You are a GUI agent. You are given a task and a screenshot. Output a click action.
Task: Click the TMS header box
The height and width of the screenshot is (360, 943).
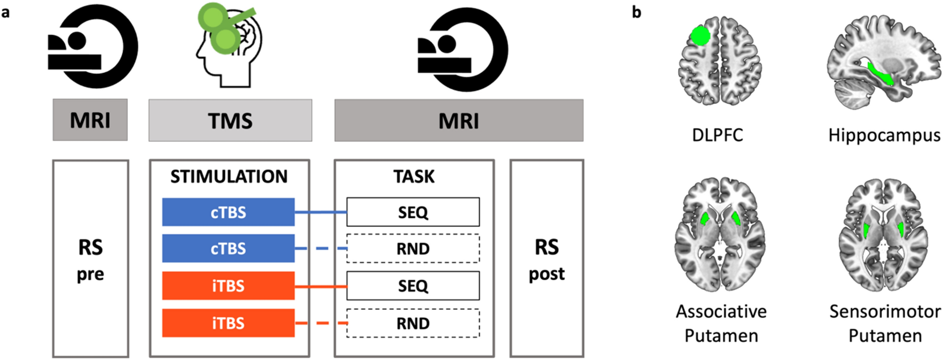230,120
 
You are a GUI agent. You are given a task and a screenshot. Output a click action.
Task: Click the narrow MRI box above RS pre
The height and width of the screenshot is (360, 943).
90,120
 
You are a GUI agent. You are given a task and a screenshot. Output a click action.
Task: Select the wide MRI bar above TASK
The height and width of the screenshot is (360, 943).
459,120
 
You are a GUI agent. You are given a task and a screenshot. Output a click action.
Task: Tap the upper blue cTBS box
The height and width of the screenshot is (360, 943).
228,212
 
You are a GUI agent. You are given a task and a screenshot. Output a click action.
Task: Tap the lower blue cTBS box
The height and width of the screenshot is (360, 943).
228,248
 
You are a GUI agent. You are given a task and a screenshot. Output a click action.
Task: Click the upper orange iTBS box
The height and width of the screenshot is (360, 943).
228,285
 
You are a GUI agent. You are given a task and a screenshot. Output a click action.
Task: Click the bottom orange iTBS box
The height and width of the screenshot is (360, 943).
228,323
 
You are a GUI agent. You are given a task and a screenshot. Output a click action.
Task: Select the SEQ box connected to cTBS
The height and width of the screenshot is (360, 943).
413,212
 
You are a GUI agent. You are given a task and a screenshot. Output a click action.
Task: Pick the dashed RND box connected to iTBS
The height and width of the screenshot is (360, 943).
413,323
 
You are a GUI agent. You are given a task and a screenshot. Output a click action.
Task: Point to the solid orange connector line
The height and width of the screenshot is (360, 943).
320,286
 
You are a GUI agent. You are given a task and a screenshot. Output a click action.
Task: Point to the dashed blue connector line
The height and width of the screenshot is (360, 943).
321,248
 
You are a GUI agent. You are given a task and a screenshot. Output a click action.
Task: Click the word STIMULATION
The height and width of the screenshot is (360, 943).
229,177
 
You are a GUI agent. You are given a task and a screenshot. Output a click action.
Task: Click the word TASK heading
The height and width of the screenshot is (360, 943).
414,177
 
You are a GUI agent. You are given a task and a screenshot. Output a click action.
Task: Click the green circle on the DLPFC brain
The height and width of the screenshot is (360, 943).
700,36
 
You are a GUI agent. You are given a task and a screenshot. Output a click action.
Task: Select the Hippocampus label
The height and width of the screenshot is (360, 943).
884,135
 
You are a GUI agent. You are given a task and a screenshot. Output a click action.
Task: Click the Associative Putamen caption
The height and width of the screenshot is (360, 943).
721,323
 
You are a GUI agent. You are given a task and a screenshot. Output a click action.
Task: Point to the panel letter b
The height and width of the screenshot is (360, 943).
637,12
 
